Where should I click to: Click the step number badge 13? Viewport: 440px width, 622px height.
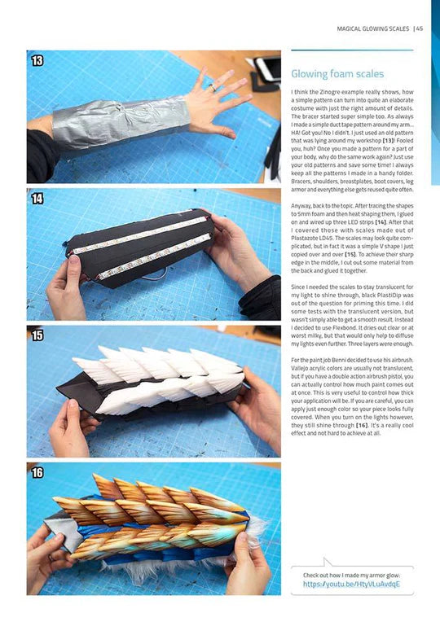pos(37,61)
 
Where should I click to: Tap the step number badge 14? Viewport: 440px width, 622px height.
pos(37,199)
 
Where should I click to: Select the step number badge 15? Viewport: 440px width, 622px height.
pos(37,335)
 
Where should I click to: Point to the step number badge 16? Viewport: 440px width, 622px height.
pos(37,473)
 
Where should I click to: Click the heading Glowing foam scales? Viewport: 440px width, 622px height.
pos(337,74)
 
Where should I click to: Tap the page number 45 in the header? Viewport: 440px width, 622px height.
pos(419,29)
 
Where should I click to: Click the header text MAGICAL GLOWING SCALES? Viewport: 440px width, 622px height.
pos(372,29)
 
